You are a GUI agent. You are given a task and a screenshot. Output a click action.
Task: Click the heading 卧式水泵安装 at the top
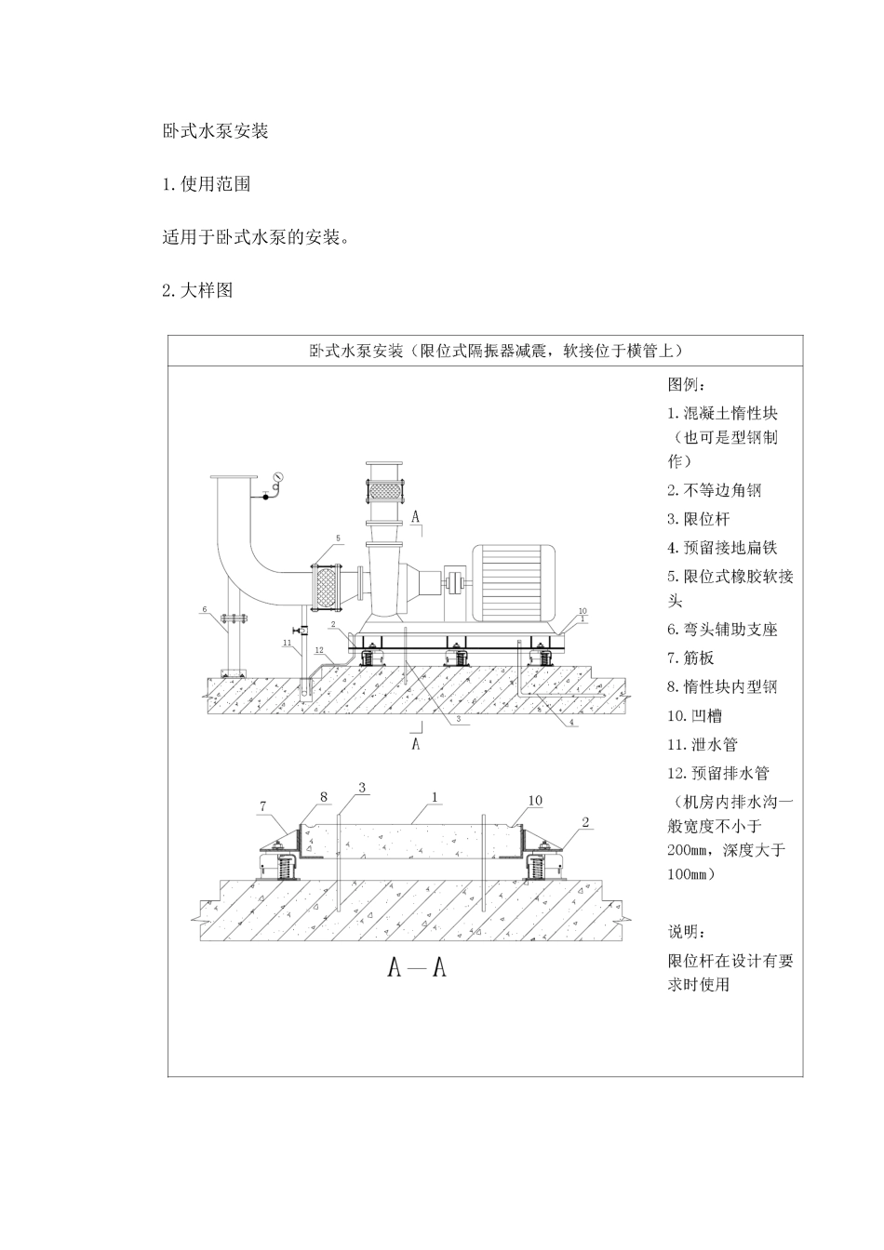point(215,131)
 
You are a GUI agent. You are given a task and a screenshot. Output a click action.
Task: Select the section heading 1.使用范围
point(206,184)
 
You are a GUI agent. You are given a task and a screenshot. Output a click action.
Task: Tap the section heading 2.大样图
point(197,290)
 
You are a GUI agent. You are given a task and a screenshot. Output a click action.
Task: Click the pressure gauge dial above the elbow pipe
point(277,477)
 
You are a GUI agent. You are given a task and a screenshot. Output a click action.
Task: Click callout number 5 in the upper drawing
point(338,539)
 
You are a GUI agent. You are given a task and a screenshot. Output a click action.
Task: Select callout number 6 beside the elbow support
point(205,609)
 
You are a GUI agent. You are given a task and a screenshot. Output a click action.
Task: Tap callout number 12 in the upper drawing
point(319,650)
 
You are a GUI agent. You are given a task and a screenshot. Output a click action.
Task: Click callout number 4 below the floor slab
point(571,722)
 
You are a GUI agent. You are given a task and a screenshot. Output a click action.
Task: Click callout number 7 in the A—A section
point(262,806)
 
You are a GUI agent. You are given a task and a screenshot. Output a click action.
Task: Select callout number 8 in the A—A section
point(324,797)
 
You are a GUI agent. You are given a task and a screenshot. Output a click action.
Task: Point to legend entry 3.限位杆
point(699,519)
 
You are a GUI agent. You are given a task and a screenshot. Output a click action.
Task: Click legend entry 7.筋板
point(690,658)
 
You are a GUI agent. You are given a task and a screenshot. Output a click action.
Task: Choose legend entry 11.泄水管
point(703,744)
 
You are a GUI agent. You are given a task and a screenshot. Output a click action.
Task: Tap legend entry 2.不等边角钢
point(715,490)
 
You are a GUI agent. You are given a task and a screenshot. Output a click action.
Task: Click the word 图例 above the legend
point(687,384)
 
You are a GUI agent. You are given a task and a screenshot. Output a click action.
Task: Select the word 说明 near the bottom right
point(687,931)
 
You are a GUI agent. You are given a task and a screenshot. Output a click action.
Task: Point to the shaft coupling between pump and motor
point(454,584)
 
